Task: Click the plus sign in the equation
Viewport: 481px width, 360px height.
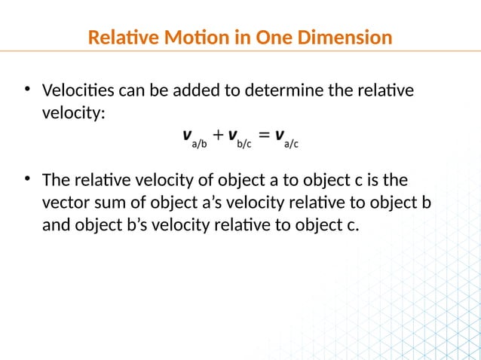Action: pos(217,136)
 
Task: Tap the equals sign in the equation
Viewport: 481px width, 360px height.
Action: pos(264,136)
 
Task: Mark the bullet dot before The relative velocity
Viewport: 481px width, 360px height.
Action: pos(27,180)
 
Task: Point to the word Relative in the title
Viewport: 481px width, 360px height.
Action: pos(117,37)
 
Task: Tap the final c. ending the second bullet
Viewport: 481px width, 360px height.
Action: pos(352,224)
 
